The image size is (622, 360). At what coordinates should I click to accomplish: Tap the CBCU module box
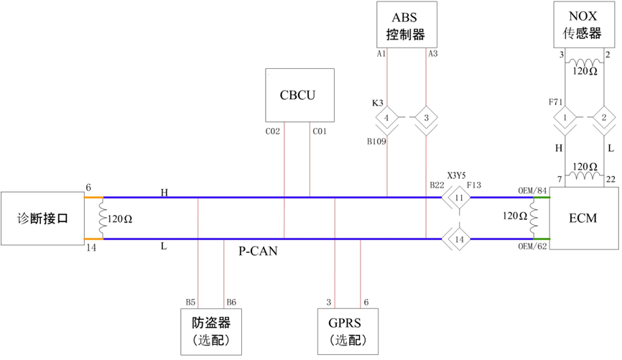[300, 95]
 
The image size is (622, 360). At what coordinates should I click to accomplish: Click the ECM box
[582, 218]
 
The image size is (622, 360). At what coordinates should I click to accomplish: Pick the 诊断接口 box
[42, 218]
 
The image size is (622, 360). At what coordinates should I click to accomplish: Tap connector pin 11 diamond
[459, 197]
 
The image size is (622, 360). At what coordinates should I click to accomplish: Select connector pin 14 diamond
[459, 239]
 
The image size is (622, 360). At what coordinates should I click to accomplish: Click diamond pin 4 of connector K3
[387, 117]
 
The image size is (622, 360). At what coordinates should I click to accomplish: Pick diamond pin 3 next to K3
[426, 117]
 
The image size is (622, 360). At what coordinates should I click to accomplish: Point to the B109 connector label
[377, 142]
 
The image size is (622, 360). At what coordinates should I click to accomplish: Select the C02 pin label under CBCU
[273, 131]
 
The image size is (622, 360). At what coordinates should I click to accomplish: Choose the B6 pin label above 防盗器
[231, 302]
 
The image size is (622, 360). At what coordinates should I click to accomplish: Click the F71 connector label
[555, 103]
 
